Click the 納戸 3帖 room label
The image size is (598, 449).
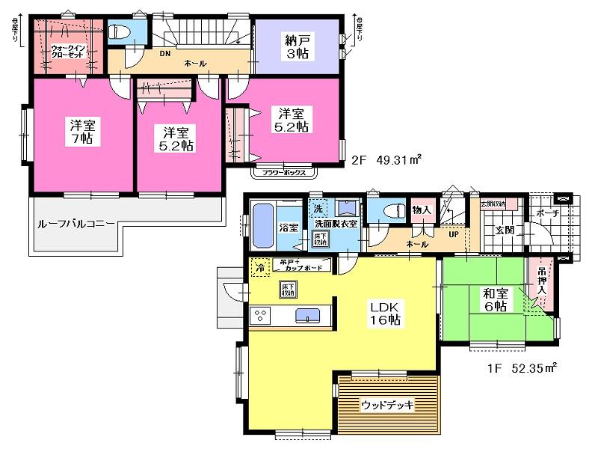298,46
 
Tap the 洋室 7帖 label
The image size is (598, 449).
77,132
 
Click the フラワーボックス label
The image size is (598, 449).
282,172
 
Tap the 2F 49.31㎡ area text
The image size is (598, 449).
386,159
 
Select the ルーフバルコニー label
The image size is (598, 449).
75,223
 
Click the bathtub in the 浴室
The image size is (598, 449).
262,225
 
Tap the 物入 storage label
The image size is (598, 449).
422,210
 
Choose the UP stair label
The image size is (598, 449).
453,234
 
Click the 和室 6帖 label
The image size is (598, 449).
493,299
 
